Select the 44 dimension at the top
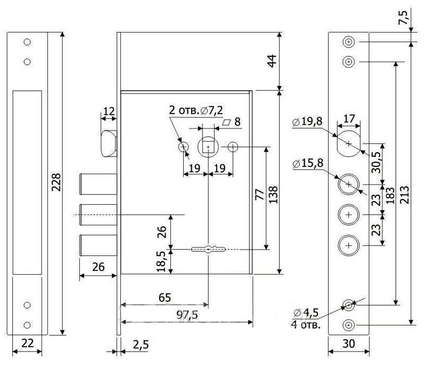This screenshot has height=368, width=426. tap(272, 61)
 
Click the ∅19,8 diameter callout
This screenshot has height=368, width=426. tap(307, 122)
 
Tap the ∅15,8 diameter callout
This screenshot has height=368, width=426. tap(307, 163)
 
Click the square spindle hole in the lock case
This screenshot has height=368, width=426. tap(207, 146)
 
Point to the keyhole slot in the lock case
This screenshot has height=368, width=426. tap(208, 249)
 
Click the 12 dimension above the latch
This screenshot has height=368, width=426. tap(108, 112)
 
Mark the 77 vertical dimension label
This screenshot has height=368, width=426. tap(259, 194)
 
